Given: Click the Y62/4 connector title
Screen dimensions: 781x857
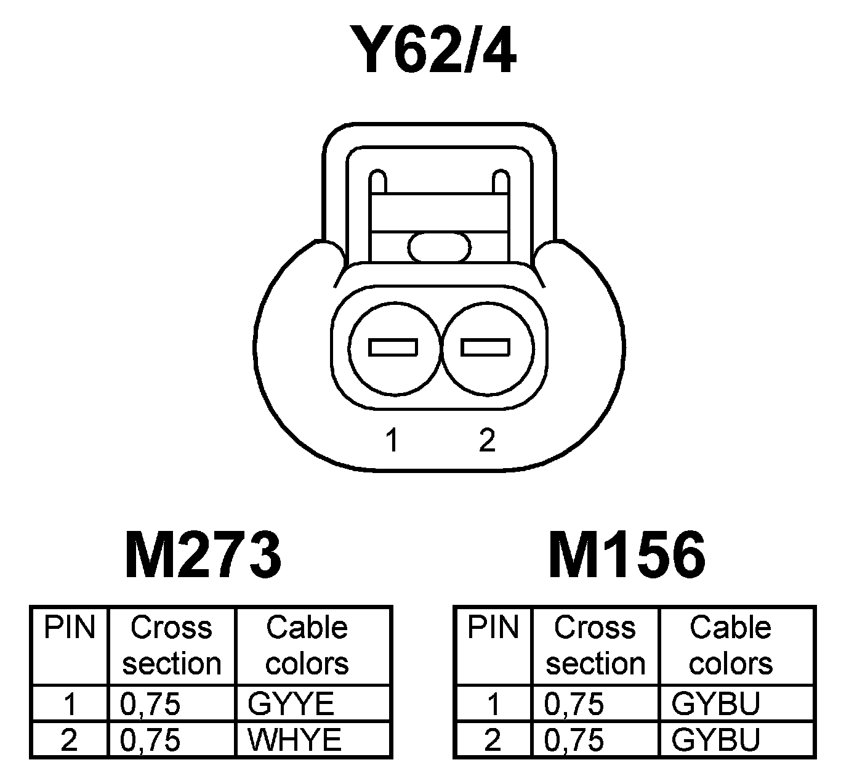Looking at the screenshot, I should click(x=432, y=49).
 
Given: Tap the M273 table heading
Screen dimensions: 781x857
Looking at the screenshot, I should click(x=203, y=556).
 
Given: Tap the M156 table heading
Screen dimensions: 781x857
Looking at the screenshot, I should click(x=627, y=556).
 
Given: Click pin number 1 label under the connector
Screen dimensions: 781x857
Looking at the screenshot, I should click(x=392, y=440).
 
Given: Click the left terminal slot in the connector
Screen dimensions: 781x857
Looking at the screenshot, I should click(x=393, y=347).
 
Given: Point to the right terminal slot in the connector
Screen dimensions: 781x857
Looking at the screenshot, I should click(x=486, y=347).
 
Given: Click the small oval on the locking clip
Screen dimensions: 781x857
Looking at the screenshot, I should click(x=439, y=248).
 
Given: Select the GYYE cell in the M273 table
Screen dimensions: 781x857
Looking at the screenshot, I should click(x=291, y=703).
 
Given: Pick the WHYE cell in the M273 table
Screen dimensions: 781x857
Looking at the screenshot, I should click(x=294, y=739).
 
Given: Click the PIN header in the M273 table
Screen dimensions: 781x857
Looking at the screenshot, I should click(x=70, y=628).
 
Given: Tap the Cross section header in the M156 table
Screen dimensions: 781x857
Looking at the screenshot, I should click(x=595, y=645).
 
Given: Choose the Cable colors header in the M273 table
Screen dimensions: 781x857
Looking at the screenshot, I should click(x=307, y=645).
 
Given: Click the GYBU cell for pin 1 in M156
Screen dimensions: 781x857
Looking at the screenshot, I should click(x=715, y=703).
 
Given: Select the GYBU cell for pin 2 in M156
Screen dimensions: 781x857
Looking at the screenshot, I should click(x=715, y=739).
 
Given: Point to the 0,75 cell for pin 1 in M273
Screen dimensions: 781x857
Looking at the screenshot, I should click(x=150, y=703).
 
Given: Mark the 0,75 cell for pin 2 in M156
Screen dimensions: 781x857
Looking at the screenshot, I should click(x=574, y=739).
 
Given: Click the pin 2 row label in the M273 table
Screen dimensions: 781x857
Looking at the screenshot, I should click(x=70, y=739).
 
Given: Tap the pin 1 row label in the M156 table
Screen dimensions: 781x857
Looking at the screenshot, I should click(x=493, y=703).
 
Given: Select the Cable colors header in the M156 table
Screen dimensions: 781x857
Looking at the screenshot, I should click(x=731, y=645).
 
